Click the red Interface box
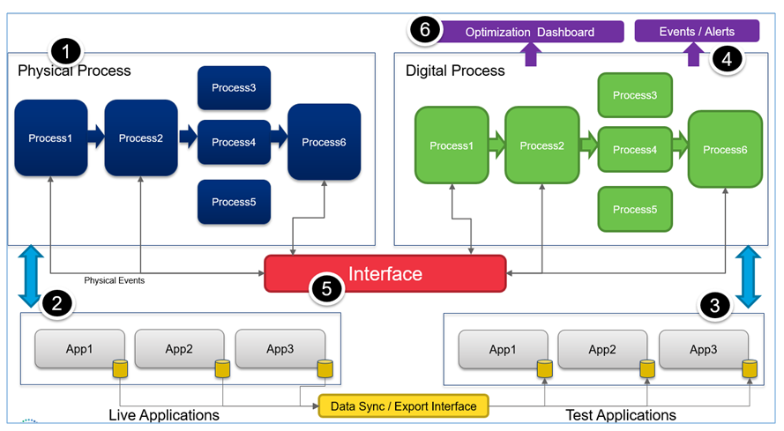[x=385, y=273]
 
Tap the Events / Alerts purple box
[x=697, y=31]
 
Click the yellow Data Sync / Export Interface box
[x=403, y=406]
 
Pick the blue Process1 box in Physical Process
[x=50, y=138]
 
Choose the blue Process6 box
[x=324, y=142]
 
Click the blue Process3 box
[x=234, y=87]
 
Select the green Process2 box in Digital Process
[x=541, y=145]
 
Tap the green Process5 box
[x=635, y=210]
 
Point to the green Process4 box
[x=635, y=150]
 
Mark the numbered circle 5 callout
[x=325, y=287]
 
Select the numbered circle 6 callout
[x=425, y=30]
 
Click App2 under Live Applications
[x=179, y=349]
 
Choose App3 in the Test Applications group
[x=703, y=350]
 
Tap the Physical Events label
[x=114, y=280]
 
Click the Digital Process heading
[x=455, y=71]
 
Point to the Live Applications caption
[x=164, y=414]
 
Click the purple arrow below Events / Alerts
[x=693, y=56]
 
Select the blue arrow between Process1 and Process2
[x=96, y=137]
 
